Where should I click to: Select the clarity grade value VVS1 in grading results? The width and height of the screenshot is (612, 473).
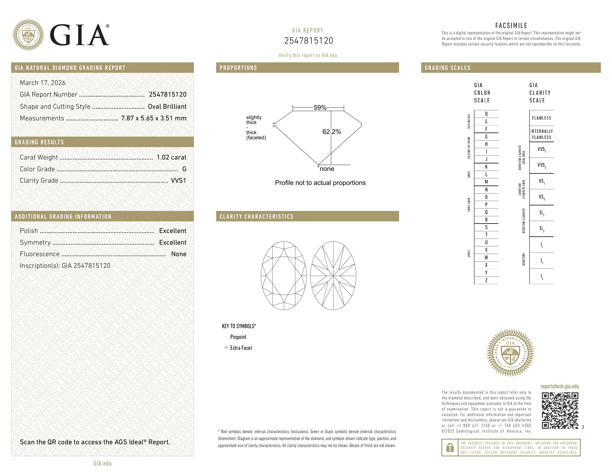point(178,181)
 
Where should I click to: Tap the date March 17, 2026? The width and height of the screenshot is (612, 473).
point(43,83)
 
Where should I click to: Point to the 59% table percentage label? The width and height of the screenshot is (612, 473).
point(320,108)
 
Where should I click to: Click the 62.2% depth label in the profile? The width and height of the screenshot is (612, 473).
point(332,132)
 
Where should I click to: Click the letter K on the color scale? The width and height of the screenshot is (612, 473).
point(486,167)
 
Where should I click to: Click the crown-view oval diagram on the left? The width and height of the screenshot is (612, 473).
point(284,276)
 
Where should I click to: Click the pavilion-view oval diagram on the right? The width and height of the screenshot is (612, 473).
point(333,276)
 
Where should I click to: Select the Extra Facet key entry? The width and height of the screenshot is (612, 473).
point(241,348)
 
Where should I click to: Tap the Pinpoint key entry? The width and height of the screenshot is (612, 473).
point(238,337)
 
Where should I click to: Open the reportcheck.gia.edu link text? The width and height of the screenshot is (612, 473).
point(559,386)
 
